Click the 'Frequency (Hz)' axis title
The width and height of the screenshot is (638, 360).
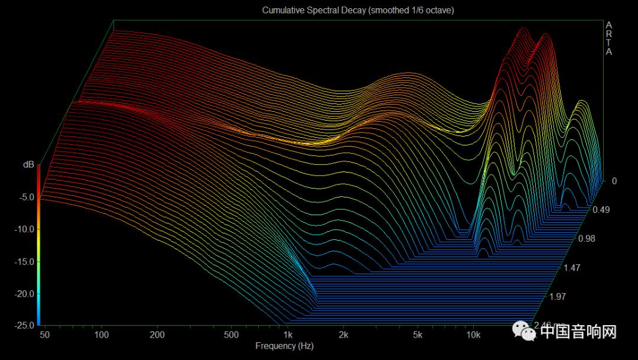[x=284, y=346]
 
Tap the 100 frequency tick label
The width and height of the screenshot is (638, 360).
[x=102, y=335]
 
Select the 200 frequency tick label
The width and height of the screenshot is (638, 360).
[x=157, y=335]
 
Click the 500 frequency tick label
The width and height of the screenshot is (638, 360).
[x=231, y=335]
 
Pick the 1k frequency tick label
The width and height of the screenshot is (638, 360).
[x=288, y=335]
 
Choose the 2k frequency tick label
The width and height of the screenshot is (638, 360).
[x=344, y=335]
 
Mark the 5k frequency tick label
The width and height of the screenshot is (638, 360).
[x=418, y=335]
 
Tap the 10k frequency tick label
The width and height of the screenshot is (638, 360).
[x=473, y=335]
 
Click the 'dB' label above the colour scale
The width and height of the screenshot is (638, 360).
[x=28, y=165]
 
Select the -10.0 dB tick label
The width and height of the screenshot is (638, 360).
[x=24, y=229]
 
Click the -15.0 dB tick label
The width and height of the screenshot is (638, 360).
[x=24, y=261]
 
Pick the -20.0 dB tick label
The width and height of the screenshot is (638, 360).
[x=24, y=293]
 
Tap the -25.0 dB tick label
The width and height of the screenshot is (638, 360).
[x=24, y=325]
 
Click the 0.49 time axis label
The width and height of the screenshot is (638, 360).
[x=602, y=210]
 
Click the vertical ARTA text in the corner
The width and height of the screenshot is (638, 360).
[x=609, y=38]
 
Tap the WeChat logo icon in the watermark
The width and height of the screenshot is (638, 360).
[x=525, y=332]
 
